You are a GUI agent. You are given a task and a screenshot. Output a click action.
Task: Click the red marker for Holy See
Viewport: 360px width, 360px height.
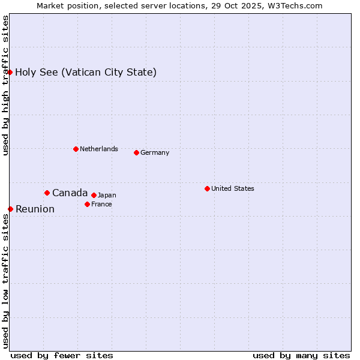(10, 72)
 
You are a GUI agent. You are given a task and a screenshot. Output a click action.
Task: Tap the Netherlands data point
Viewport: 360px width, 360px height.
(76, 149)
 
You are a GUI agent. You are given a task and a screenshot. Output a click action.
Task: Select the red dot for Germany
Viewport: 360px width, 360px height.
(136, 152)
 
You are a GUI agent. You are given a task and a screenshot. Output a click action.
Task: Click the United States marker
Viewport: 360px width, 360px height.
(207, 188)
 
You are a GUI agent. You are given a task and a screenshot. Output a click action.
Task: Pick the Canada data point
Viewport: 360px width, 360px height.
(47, 193)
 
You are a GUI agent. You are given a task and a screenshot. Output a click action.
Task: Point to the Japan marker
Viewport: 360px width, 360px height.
(94, 195)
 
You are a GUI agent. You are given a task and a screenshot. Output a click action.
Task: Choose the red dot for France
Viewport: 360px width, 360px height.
(87, 204)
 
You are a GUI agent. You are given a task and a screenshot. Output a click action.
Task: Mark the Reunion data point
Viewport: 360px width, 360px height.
(10, 209)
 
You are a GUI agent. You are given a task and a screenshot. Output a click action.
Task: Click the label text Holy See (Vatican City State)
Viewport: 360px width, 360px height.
(86, 73)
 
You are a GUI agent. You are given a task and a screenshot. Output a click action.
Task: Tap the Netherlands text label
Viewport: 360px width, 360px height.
(99, 149)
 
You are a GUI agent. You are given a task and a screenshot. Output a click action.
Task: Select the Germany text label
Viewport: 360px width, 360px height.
(155, 152)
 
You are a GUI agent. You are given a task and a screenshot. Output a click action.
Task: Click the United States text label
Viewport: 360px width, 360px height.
(233, 188)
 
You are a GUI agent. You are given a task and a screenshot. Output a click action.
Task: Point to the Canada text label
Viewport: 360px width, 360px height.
(70, 193)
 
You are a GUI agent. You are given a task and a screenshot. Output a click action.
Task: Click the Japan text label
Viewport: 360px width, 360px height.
(107, 195)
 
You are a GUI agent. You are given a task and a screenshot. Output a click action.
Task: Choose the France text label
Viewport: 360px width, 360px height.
(101, 204)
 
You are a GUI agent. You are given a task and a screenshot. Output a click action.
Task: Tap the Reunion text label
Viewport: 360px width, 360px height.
(35, 209)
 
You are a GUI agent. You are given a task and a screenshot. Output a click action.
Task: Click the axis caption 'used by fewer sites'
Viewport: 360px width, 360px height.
(62, 355)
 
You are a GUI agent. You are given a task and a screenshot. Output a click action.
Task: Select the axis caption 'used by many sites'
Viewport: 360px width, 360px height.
(301, 355)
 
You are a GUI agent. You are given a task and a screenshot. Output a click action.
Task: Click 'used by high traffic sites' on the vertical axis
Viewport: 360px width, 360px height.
(5, 85)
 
